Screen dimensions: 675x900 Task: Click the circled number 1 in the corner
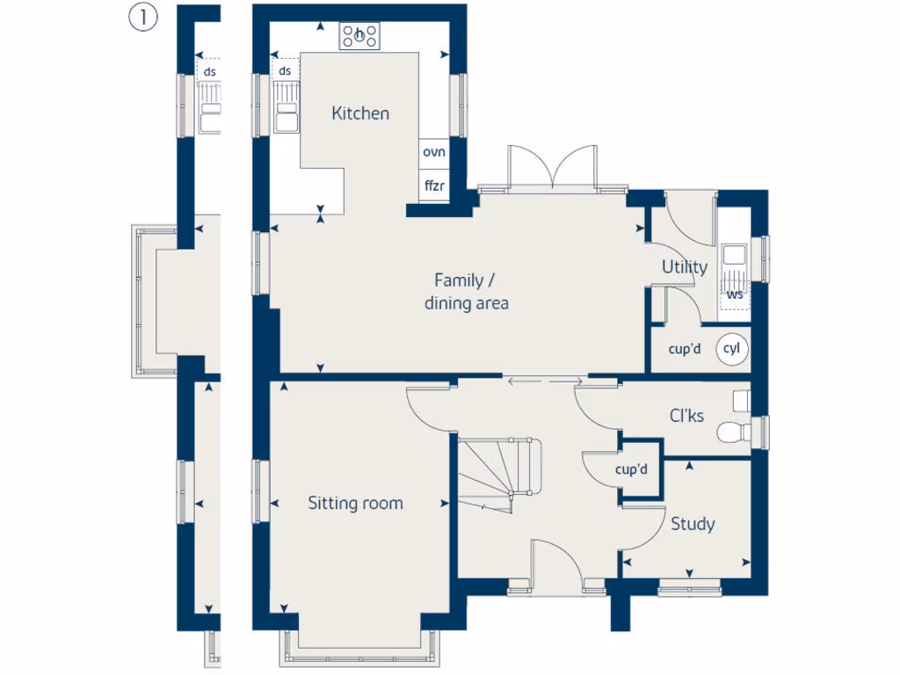[142, 18]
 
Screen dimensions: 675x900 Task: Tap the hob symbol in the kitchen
[360, 36]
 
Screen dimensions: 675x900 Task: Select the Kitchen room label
[360, 113]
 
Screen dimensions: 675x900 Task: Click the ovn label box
[434, 152]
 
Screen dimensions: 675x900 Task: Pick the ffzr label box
[434, 185]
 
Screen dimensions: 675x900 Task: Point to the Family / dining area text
[466, 292]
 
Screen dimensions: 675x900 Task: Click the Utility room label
[685, 267]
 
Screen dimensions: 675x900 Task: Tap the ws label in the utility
[735, 294]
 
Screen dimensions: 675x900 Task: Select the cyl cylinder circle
[732, 349]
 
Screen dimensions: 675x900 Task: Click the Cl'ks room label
[686, 416]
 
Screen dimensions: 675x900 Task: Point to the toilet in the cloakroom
[731, 432]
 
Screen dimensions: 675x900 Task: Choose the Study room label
[693, 524]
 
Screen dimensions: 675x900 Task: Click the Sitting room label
[355, 503]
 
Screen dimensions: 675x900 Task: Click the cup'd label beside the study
[631, 470]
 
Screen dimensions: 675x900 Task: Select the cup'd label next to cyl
[685, 349]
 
